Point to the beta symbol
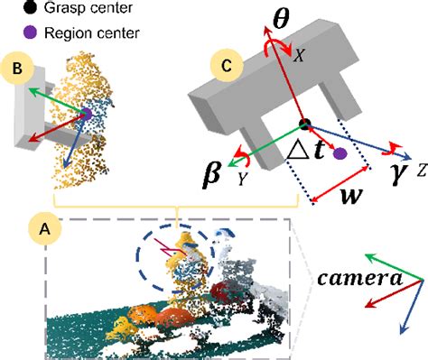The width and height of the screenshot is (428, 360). pyautogui.click(x=214, y=173)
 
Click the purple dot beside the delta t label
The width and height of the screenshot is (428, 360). pyautogui.click(x=340, y=155)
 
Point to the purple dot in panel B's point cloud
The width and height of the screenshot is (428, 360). pyautogui.click(x=86, y=114)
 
